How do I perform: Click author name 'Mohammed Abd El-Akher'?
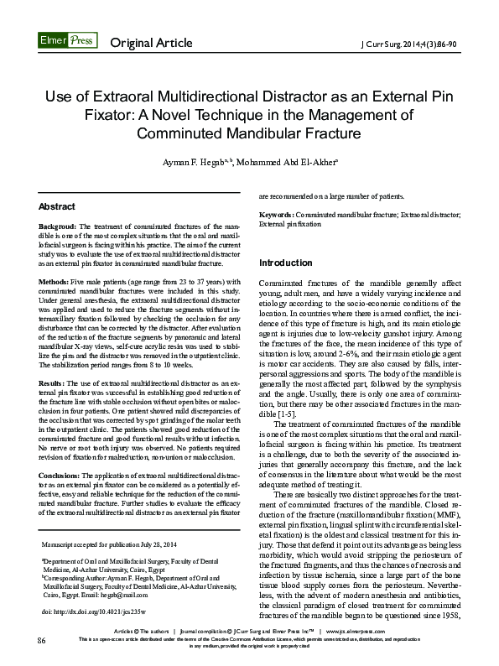(x=289, y=161)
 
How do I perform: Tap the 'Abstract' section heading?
(x=58, y=206)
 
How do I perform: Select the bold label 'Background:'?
(x=58, y=227)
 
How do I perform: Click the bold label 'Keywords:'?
(x=277, y=216)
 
